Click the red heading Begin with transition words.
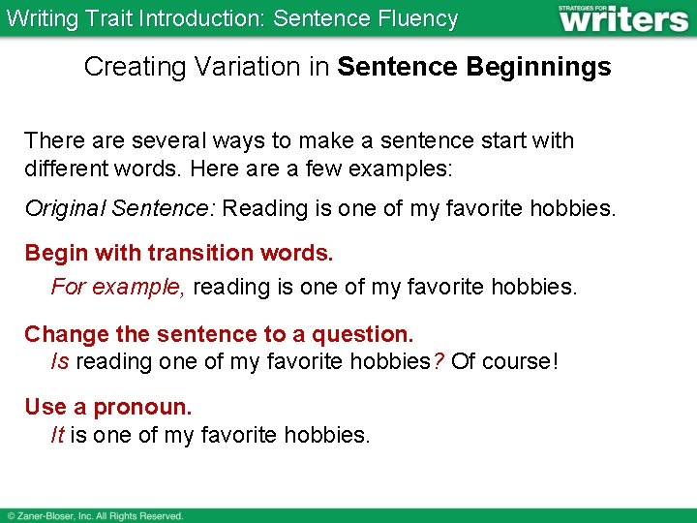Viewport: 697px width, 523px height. (179, 254)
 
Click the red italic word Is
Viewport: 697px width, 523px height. (60, 361)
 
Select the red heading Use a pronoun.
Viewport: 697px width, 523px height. (108, 408)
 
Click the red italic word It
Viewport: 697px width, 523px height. (57, 435)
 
